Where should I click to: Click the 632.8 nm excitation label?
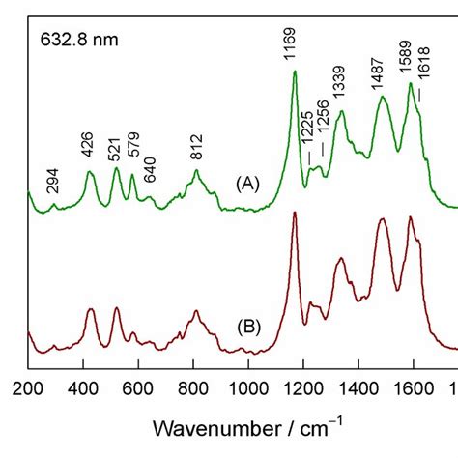tap(78, 41)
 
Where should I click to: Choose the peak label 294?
tap(53, 180)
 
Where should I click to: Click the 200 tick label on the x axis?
tap(29, 388)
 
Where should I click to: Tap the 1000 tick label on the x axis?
tap(249, 388)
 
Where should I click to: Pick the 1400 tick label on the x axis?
tap(358, 388)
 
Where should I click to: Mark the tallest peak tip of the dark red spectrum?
tap(294, 212)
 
